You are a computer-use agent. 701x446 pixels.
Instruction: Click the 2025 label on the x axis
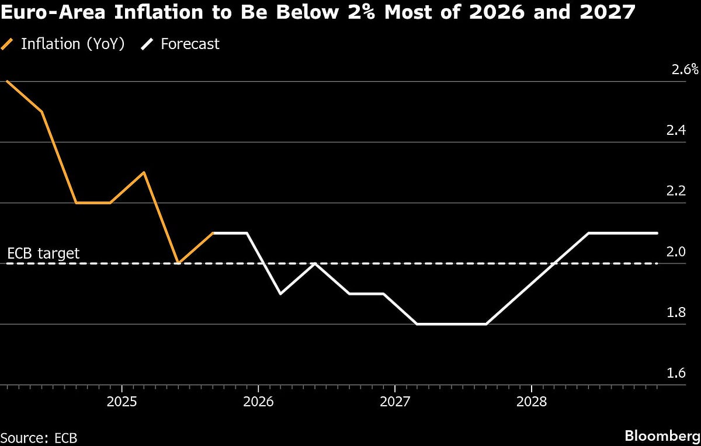pos(122,402)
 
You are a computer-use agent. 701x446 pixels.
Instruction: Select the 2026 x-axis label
pos(258,402)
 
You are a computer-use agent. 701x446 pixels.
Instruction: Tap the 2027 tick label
pos(395,402)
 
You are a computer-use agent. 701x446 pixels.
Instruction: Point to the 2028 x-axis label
pos(532,402)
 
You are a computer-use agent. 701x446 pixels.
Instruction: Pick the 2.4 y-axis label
pos(676,131)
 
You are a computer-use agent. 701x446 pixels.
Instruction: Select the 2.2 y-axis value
pos(676,191)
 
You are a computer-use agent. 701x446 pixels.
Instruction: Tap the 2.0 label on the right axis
pos(676,252)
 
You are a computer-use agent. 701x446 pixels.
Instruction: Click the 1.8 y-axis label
pos(676,312)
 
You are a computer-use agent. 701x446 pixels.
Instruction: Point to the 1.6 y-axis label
pos(676,373)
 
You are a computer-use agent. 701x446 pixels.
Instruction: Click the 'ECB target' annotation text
pos(43,254)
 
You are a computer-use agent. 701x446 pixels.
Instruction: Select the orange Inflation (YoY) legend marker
pos(8,44)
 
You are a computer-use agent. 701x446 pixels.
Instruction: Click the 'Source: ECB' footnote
pos(39,438)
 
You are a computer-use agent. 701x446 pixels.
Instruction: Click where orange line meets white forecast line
pos(214,233)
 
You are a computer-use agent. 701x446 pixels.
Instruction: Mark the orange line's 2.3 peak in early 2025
pos(144,172)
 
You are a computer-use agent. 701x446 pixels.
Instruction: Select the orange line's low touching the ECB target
pos(179,263)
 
